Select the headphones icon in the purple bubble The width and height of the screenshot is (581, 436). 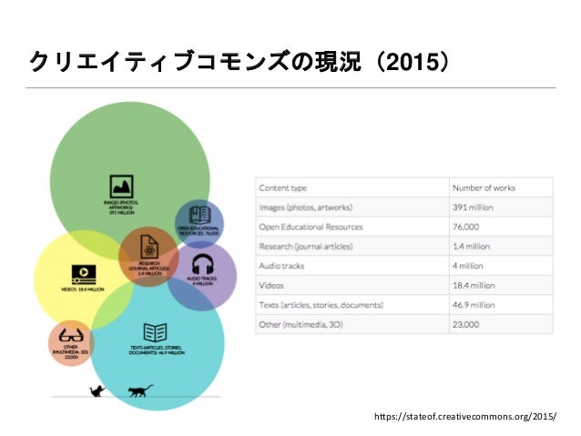click(x=201, y=264)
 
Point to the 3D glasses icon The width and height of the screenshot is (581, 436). click(x=71, y=336)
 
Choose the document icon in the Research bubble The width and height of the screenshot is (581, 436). click(x=148, y=246)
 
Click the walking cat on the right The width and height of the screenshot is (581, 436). click(x=139, y=390)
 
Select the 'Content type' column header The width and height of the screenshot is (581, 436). click(x=282, y=188)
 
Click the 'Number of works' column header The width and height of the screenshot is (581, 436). click(x=484, y=188)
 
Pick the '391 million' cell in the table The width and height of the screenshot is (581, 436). click(x=474, y=207)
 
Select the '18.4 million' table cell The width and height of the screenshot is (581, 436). click(x=474, y=285)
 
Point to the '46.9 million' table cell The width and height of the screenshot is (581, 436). click(x=474, y=305)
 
